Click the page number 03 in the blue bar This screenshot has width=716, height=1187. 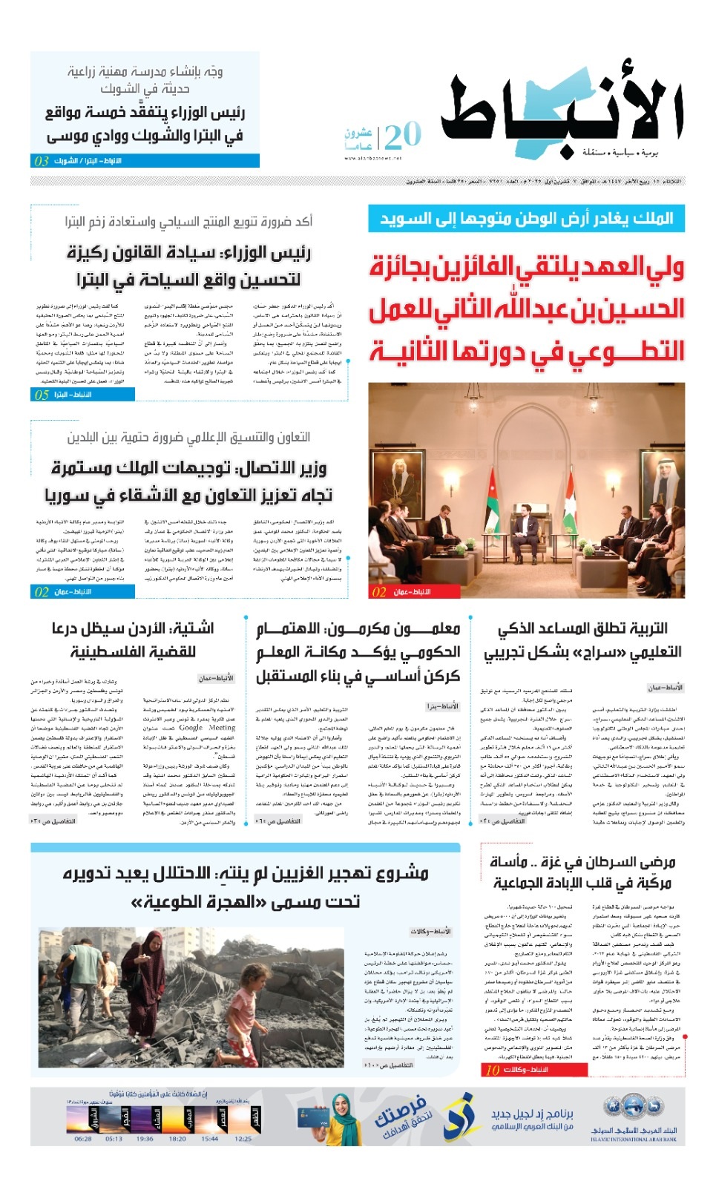[x=42, y=161]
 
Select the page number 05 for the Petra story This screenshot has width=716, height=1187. [x=42, y=395]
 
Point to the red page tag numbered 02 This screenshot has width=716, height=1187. [x=379, y=591]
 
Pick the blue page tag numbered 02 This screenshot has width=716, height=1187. [x=42, y=591]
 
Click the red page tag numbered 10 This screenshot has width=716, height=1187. [x=492, y=1070]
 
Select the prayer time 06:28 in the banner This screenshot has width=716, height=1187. [x=83, y=1139]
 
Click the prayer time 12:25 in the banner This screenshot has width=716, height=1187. [x=243, y=1139]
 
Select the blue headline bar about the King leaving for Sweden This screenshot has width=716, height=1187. [x=526, y=219]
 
